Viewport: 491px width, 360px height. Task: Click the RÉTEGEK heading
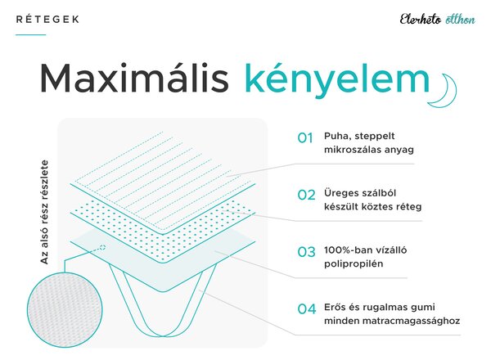pos(47,19)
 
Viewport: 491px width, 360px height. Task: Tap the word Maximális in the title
pos(135,79)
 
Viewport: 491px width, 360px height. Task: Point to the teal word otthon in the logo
pos(460,20)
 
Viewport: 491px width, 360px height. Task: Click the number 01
pos(305,138)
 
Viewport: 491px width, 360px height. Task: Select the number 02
pos(306,195)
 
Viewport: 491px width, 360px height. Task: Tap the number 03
pos(306,252)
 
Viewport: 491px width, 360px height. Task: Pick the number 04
pos(307,309)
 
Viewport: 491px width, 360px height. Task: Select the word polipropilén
pos(354,264)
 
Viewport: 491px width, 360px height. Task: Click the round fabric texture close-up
pos(65,309)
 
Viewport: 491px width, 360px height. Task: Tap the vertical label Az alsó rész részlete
pos(45,212)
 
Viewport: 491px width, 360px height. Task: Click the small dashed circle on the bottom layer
pos(102,248)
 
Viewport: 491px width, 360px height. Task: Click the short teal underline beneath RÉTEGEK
pos(31,34)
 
